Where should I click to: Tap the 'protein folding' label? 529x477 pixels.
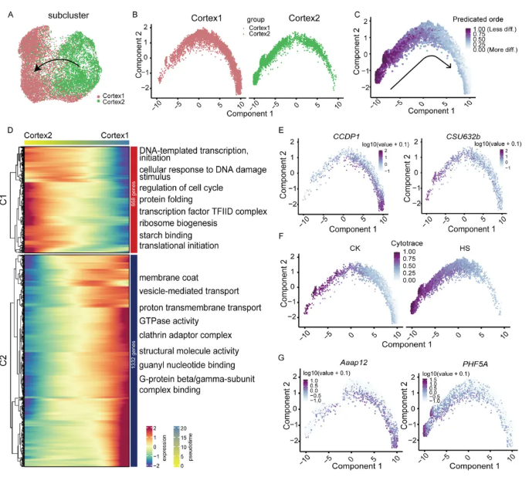pyautogui.click(x=171, y=200)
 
